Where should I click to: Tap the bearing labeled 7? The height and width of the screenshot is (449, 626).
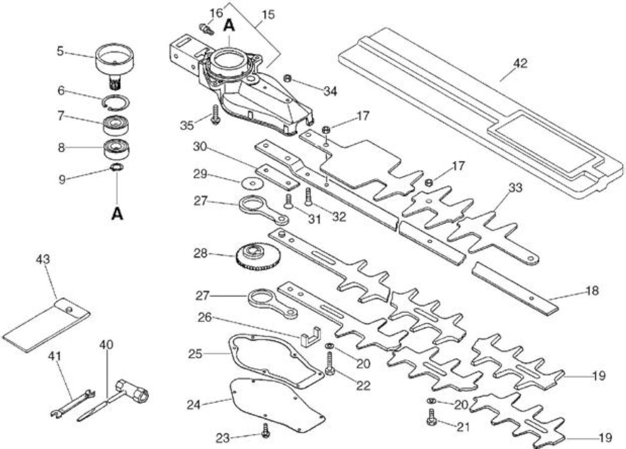tap(116, 125)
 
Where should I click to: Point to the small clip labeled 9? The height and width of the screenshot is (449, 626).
tap(117, 167)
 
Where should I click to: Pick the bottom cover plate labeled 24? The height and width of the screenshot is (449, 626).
tap(277, 404)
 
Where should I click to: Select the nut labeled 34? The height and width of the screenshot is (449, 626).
tap(287, 79)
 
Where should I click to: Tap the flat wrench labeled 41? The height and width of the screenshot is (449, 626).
tap(73, 404)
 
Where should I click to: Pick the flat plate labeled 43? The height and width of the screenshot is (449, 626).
tap(46, 324)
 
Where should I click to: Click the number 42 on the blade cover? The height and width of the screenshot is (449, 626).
tap(520, 63)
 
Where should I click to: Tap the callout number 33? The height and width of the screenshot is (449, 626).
tap(515, 188)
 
